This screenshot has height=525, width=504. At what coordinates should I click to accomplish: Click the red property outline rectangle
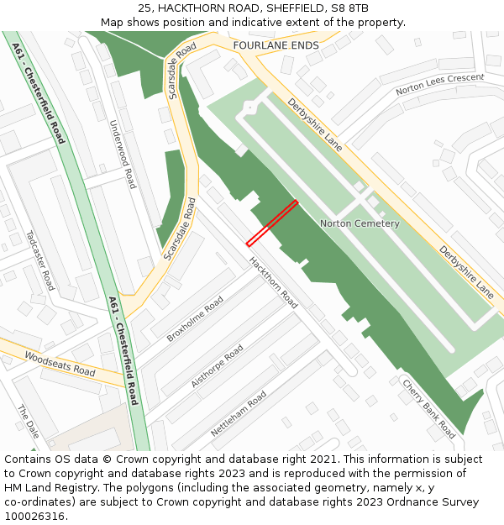pos(272,223)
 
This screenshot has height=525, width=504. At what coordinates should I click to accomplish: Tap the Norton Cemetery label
pos(360,223)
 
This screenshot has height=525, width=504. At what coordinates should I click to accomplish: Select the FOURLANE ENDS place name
pos(276,45)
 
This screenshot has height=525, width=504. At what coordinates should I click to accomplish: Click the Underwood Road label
pos(123,154)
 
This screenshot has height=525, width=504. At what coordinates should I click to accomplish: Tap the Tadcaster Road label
pos(39,260)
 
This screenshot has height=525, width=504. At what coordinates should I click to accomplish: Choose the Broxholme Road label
pos(195,318)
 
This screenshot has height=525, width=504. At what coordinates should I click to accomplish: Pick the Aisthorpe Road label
pos(217,365)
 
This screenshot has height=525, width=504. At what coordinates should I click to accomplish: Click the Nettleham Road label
pos(239,412)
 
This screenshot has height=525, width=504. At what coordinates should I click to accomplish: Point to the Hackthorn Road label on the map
pos(274,281)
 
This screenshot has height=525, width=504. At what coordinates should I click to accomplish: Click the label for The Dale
pos(28,422)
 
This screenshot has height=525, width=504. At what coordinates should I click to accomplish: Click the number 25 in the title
pos(146,8)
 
